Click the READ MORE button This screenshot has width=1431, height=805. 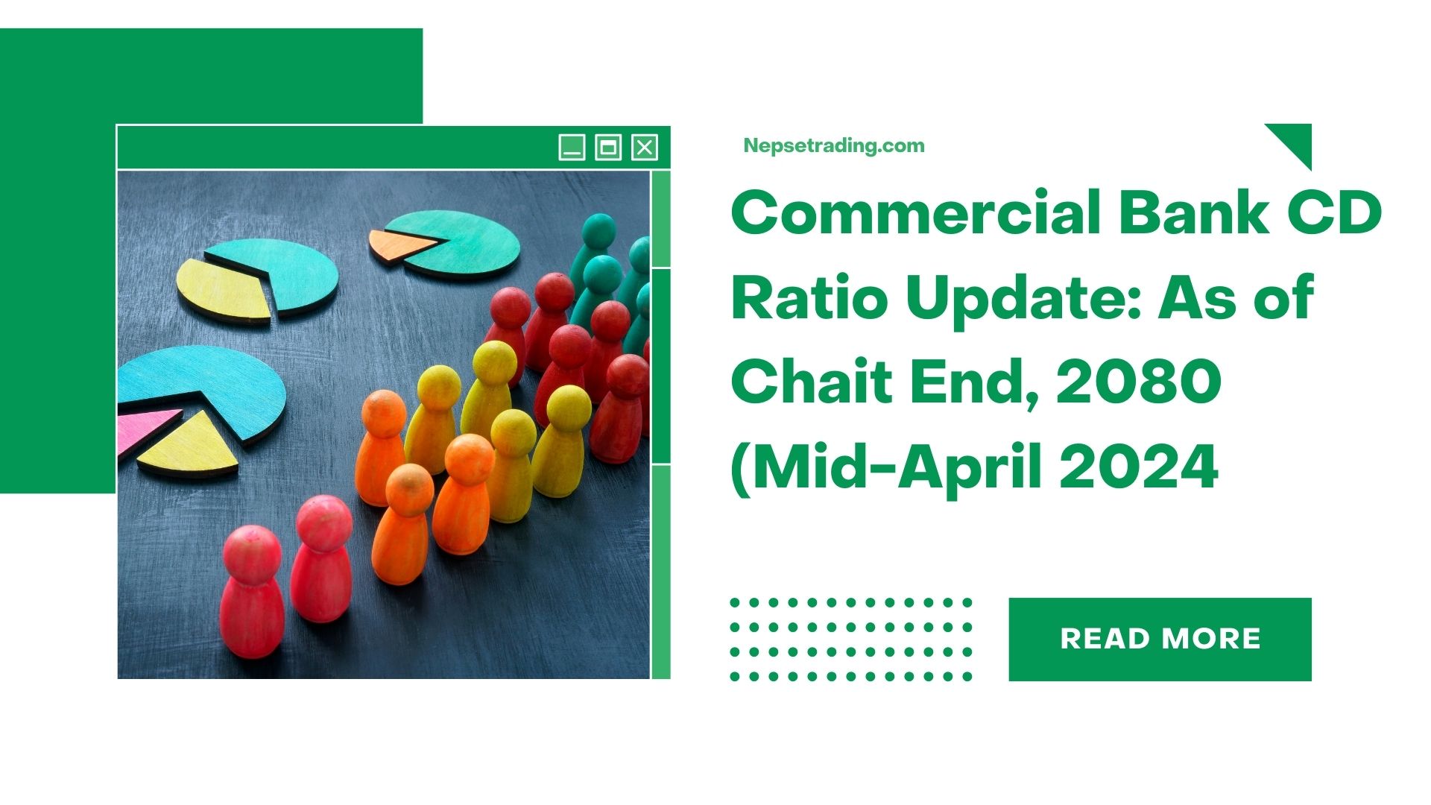pos(1160,639)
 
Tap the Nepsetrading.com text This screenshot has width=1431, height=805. pos(834,145)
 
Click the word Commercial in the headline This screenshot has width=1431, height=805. pos(915,212)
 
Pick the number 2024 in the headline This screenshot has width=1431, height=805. pos(1139,467)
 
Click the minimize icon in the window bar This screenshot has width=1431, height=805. pos(572,147)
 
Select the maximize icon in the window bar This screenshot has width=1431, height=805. pos(608,147)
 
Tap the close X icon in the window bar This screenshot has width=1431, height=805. pos(645,147)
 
